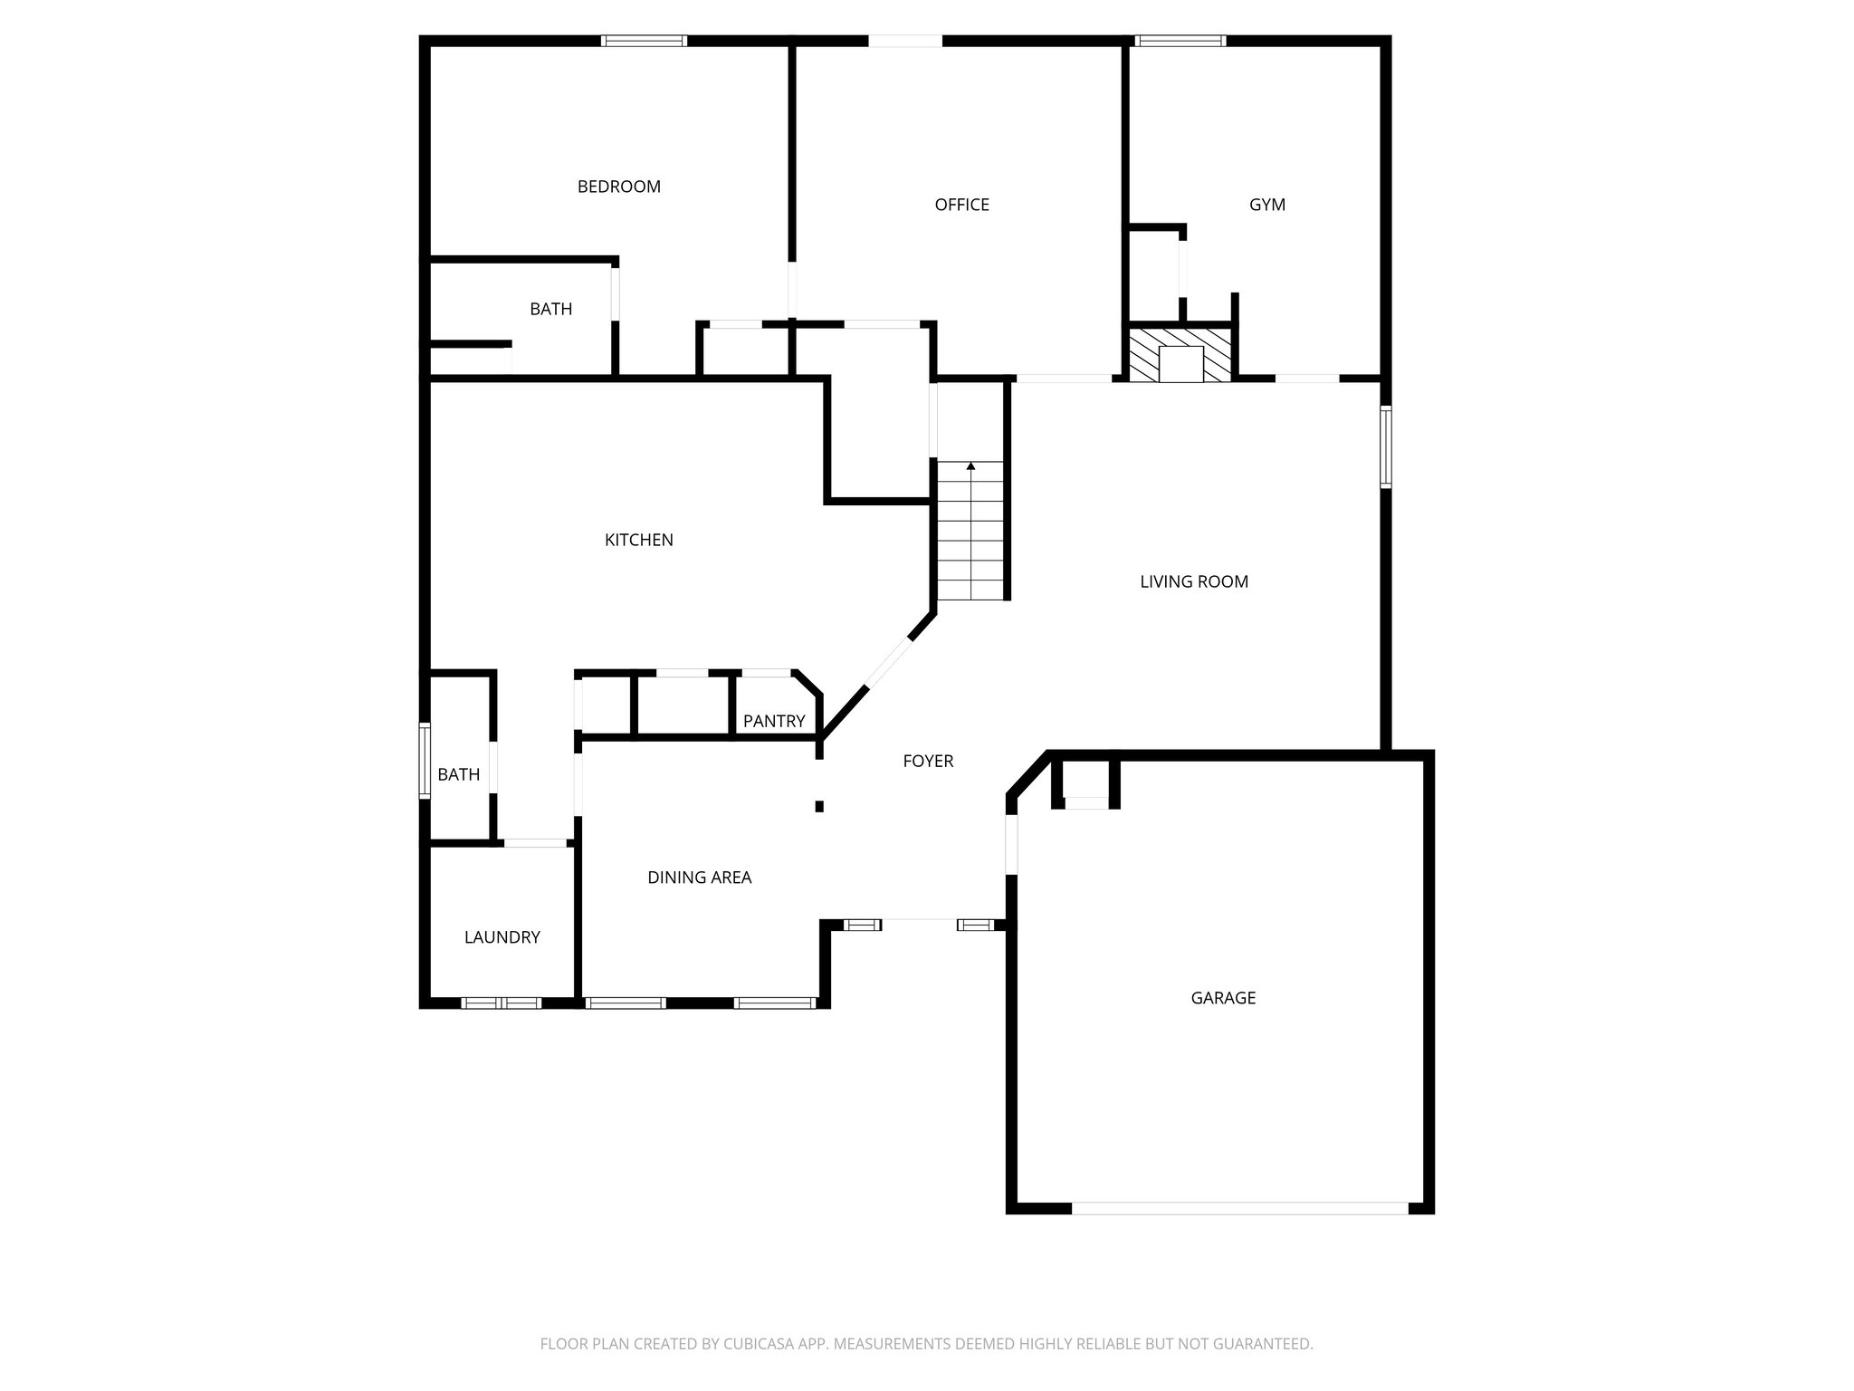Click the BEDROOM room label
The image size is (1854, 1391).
[x=619, y=187]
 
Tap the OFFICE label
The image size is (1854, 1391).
[x=961, y=205]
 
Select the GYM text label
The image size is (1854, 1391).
[x=1266, y=205]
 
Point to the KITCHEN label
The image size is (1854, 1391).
[x=638, y=540]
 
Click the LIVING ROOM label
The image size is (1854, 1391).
[x=1193, y=581]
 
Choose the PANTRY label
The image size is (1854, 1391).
[x=773, y=721]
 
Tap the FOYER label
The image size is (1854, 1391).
[x=928, y=761]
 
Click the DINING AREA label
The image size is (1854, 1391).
[x=699, y=877]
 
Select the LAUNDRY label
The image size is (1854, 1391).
[x=502, y=937]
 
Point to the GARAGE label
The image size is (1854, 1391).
[x=1222, y=998]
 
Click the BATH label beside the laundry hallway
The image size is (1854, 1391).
[x=458, y=774]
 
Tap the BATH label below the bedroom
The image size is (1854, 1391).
[x=550, y=309]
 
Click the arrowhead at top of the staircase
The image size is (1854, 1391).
[x=970, y=466]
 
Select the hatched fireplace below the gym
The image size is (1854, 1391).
[x=1180, y=355]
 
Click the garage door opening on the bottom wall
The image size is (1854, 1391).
[x=1239, y=1207]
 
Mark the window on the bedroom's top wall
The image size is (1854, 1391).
[x=644, y=41]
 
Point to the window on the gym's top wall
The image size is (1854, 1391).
[x=1180, y=41]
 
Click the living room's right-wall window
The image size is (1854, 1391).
[x=1385, y=447]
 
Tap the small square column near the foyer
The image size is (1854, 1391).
[x=819, y=806]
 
